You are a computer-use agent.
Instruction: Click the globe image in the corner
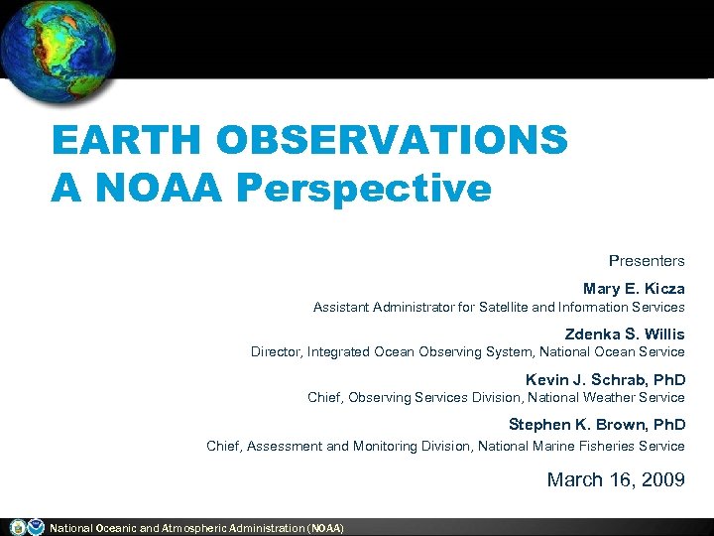tap(58, 50)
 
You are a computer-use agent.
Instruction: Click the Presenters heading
tap(647, 261)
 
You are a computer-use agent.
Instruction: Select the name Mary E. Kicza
tap(634, 289)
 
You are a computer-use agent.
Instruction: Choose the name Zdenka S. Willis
tap(625, 335)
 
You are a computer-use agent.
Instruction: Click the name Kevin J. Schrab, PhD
tap(605, 380)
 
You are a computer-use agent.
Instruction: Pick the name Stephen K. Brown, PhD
tap(597, 426)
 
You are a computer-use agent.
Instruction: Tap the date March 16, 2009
tap(616, 480)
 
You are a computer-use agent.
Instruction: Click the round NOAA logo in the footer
tap(36, 527)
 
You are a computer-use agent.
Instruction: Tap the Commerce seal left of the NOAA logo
tap(17, 527)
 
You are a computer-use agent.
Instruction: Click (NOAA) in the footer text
tap(326, 528)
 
